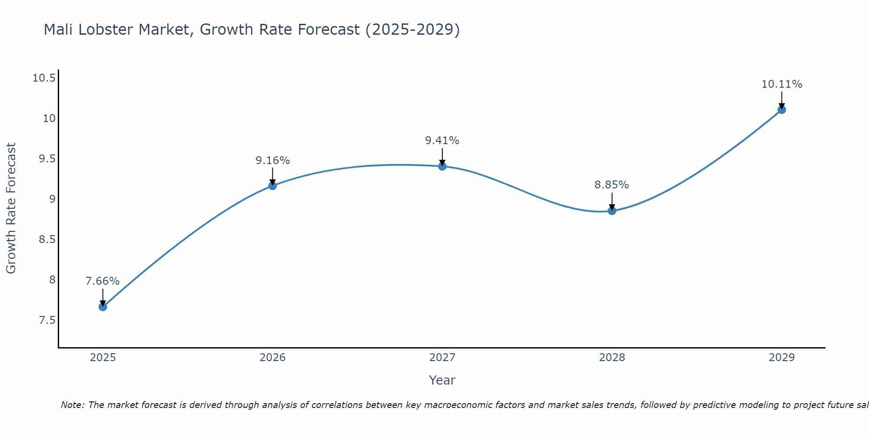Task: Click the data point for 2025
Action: point(103,307)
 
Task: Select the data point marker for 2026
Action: point(272,186)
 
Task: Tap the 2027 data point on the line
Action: point(442,166)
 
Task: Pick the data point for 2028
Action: point(612,211)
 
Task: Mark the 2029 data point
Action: point(782,110)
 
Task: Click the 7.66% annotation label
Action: point(103,281)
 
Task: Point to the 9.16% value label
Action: point(272,161)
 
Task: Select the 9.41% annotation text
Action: point(442,141)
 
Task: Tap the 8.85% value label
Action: point(612,185)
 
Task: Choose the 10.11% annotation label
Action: point(782,84)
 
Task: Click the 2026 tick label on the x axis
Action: point(272,358)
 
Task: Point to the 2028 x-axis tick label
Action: point(612,358)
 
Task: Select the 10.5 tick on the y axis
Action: point(44,78)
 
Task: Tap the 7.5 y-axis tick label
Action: point(47,320)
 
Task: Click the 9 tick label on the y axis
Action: point(52,199)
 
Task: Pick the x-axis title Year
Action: point(442,380)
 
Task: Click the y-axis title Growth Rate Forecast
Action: point(11,208)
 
